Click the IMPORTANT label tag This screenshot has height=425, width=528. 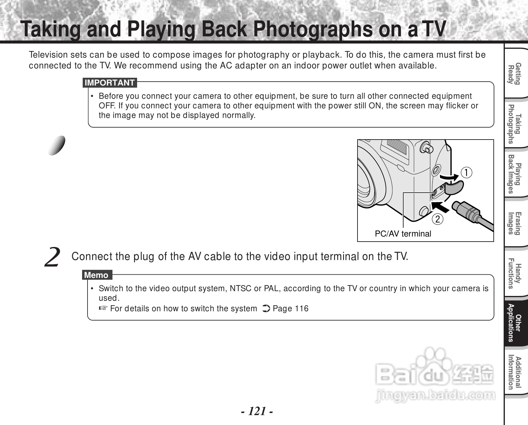point(110,83)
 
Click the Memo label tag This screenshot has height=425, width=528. point(97,275)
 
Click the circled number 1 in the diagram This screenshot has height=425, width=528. point(467,173)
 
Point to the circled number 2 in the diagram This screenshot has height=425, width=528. point(438,219)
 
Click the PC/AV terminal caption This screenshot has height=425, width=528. point(403,234)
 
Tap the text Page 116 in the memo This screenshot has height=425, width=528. point(290,309)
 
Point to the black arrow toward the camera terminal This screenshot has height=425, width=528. point(441,207)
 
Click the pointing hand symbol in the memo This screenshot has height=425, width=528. point(103,308)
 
